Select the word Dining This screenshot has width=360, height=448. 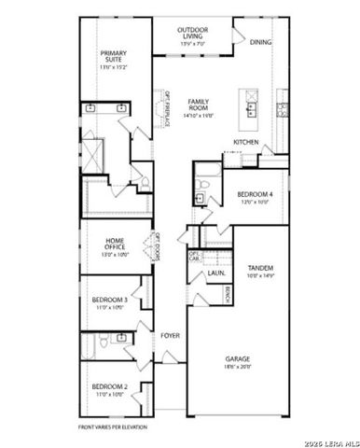click(x=261, y=42)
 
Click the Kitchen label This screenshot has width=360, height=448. click(x=246, y=142)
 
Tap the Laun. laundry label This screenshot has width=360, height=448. click(x=214, y=273)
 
